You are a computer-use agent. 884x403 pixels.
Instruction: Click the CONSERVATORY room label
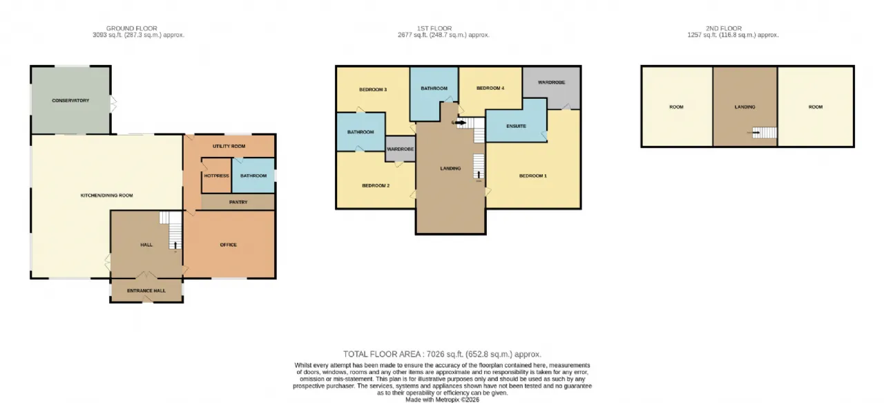[70, 100]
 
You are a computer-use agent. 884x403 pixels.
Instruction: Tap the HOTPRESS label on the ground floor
[216, 176]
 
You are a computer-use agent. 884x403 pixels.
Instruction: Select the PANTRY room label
[238, 202]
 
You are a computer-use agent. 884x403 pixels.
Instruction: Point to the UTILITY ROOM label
[229, 146]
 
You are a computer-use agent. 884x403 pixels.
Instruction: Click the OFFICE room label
[229, 245]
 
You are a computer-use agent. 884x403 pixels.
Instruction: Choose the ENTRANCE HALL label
[146, 291]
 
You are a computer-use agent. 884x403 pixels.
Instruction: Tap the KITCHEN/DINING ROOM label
[106, 195]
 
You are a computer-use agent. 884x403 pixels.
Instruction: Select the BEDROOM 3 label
[373, 90]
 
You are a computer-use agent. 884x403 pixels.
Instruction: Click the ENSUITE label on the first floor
[516, 126]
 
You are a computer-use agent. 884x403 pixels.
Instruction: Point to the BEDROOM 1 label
[532, 176]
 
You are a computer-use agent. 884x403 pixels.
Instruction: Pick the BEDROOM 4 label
[490, 88]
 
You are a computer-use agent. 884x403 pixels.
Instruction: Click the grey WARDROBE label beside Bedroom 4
[551, 82]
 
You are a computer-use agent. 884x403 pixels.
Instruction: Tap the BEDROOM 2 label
[376, 186]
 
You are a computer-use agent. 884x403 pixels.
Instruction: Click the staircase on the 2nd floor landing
[765, 132]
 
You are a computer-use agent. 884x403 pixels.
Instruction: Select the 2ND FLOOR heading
[724, 28]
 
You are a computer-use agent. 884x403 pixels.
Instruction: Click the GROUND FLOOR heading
[132, 28]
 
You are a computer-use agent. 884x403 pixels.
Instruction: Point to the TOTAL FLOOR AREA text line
[442, 355]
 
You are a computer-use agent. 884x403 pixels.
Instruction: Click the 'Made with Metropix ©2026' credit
[443, 400]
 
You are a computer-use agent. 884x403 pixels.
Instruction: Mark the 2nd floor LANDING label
[744, 107]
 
